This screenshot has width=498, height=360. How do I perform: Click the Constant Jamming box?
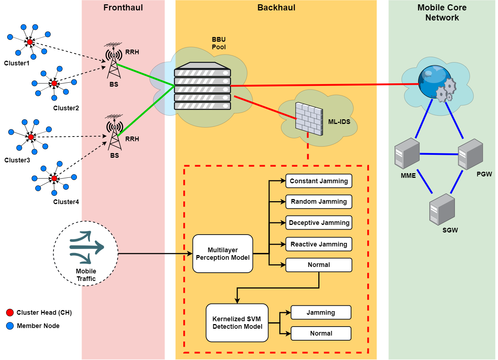319,181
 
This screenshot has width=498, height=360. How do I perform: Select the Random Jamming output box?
319,202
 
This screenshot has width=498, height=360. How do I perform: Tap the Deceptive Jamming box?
319,223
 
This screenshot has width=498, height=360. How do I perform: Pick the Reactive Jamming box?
319,244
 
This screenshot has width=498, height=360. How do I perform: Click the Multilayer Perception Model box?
222,254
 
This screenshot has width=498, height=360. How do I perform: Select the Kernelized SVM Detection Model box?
237,323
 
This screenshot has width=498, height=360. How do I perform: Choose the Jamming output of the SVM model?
321,313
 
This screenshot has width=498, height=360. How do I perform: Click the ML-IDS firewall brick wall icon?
309,119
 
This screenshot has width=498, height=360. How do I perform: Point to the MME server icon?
407,153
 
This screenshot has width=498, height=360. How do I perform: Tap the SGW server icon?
442,209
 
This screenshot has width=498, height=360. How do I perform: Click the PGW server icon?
470,154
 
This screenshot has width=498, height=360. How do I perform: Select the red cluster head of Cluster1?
30,42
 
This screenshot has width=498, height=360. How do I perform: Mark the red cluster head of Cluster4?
54,178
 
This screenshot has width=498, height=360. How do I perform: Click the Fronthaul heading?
123,8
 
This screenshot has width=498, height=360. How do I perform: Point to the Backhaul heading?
276,8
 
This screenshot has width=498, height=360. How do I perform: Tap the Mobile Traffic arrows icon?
87,247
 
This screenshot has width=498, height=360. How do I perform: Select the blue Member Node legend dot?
10,326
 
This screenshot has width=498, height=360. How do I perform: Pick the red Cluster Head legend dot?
10,313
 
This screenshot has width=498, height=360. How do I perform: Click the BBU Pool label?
219,43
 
